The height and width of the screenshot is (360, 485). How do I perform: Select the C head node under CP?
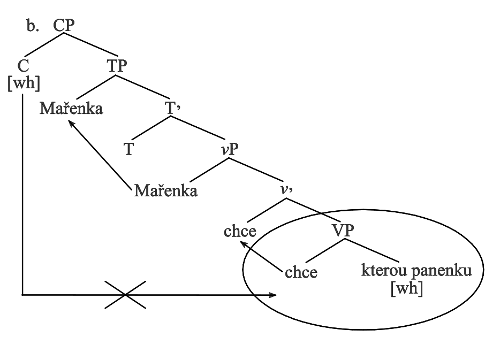click(x=22, y=68)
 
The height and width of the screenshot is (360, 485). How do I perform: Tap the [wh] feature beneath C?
click(x=22, y=84)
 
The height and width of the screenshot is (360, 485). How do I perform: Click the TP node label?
click(x=117, y=67)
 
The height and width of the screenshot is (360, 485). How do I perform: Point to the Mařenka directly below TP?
click(x=71, y=109)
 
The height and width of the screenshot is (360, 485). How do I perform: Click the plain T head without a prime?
click(x=128, y=149)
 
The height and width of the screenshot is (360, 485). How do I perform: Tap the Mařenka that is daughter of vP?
click(x=166, y=190)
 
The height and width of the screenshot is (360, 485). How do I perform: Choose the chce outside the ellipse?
click(x=239, y=232)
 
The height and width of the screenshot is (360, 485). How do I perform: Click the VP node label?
click(x=343, y=232)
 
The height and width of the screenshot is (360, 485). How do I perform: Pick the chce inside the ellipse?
click(x=301, y=272)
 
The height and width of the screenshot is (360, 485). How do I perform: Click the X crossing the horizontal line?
click(x=125, y=294)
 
